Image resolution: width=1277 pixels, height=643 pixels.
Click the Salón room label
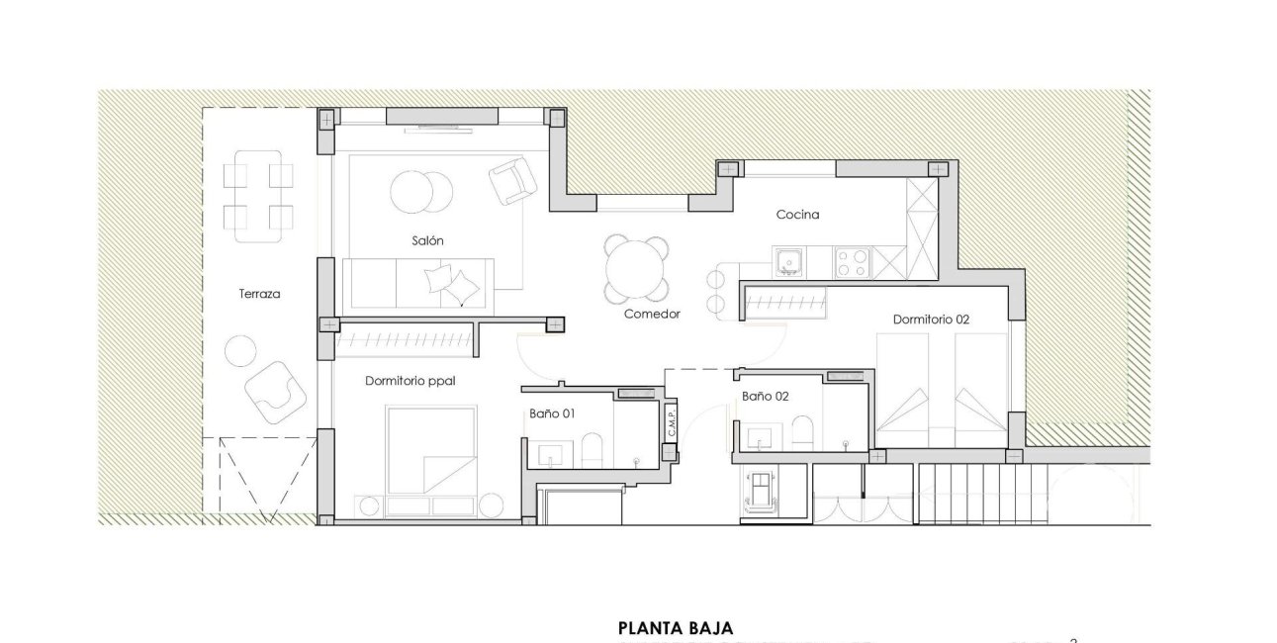point(427,240)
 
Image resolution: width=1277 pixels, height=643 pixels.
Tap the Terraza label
point(259,294)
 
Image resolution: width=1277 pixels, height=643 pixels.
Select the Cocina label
point(797,214)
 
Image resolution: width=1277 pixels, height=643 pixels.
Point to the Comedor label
point(652,315)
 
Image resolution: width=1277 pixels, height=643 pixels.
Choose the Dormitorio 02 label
point(930,320)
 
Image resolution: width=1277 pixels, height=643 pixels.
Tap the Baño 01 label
point(552,414)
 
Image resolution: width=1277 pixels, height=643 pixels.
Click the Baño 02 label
point(765,397)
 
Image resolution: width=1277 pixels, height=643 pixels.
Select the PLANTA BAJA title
point(676,627)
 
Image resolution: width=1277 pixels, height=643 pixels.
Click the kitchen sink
point(788,262)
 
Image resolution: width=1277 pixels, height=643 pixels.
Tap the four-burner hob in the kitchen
point(853,262)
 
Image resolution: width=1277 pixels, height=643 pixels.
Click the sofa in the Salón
point(419,283)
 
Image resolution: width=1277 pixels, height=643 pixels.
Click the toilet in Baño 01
point(591,452)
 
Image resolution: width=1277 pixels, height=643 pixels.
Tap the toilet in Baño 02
point(801,432)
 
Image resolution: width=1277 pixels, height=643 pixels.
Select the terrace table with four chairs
point(257,196)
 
